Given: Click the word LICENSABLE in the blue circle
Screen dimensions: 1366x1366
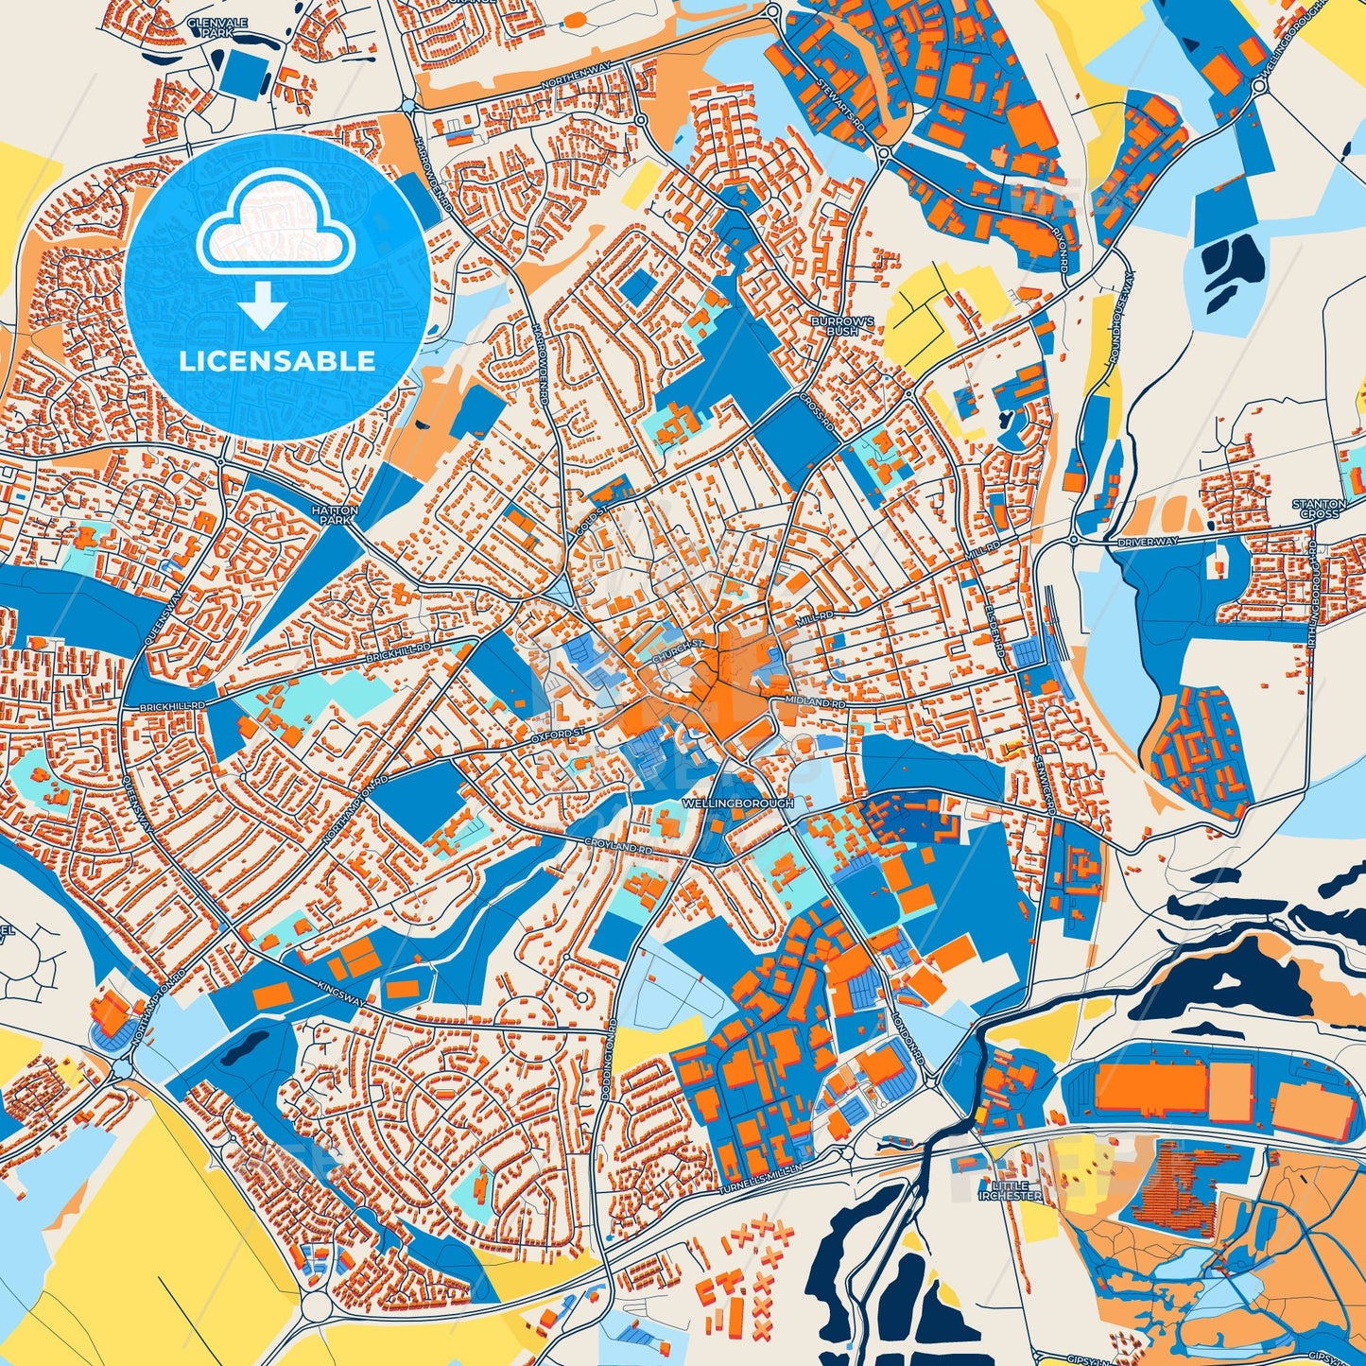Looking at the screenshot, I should pyautogui.click(x=276, y=361).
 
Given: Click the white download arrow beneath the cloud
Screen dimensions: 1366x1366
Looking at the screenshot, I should pyautogui.click(x=264, y=306).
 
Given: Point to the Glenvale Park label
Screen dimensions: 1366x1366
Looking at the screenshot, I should pyautogui.click(x=210, y=26).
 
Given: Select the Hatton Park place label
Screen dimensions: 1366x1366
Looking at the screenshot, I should pyautogui.click(x=331, y=514).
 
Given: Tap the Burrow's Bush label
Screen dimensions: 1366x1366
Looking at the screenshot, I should pyautogui.click(x=835, y=326).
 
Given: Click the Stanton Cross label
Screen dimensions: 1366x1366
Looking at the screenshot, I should pyautogui.click(x=1319, y=509).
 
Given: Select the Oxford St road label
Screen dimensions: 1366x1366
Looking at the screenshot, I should pyautogui.click(x=559, y=733).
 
